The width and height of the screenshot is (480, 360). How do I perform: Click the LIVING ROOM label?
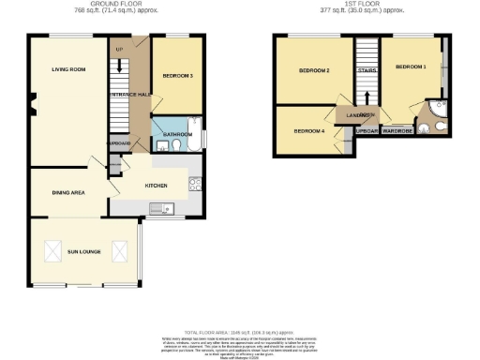[68, 69]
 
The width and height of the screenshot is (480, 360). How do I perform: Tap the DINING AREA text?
[66, 192]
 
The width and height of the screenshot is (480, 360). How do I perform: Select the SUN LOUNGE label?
[84, 252]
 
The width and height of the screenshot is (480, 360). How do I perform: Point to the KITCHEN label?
[157, 186]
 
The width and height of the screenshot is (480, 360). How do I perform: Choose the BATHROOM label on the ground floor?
[178, 134]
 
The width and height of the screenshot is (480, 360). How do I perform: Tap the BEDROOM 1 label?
[410, 67]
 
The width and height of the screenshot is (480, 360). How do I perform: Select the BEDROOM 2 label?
[314, 71]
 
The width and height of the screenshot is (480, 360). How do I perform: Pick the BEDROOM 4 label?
[309, 131]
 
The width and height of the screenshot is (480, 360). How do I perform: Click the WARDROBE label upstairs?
[398, 130]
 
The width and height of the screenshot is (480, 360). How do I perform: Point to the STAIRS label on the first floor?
[367, 70]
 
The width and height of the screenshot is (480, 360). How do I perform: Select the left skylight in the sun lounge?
[52, 251]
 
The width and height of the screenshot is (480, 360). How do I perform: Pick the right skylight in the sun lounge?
[119, 251]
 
